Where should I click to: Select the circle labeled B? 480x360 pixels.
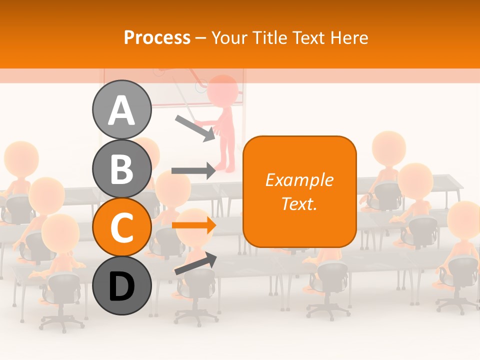[121, 169]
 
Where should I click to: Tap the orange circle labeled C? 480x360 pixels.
[121, 227]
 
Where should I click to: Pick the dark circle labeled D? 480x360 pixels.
[121, 286]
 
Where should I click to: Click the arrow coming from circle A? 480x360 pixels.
[195, 128]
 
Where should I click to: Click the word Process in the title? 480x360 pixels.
[157, 37]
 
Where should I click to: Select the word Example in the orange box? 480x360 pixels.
[299, 180]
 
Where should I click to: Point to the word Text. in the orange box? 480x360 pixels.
[299, 203]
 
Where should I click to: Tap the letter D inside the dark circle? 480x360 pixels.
[121, 286]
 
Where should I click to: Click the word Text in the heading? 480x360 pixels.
[309, 37]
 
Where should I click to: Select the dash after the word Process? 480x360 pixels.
[201, 38]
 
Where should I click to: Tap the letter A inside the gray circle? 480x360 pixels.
[121, 110]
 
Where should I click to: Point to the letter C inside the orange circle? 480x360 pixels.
[121, 228]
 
